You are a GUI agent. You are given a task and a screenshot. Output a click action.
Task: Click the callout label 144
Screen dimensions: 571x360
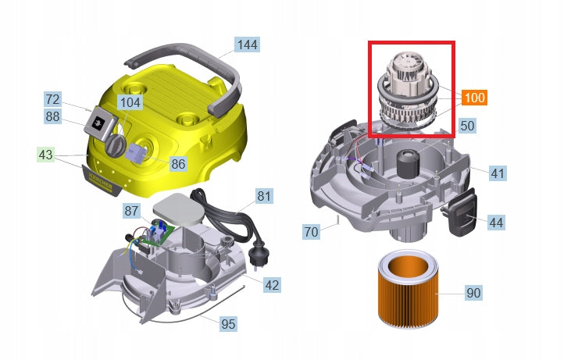point(247,45)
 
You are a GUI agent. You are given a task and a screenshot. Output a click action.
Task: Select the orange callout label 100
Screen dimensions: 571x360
point(475,98)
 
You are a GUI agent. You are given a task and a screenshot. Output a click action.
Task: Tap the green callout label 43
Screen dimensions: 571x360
point(45,155)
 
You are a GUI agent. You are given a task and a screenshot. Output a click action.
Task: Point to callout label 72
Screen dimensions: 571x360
point(52,99)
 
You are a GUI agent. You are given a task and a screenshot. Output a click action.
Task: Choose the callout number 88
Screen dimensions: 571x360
point(52,116)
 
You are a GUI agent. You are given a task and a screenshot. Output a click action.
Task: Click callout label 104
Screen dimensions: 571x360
point(130,102)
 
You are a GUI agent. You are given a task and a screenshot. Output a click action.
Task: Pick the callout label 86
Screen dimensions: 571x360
point(178,163)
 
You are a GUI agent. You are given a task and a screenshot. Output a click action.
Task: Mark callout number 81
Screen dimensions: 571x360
point(264,196)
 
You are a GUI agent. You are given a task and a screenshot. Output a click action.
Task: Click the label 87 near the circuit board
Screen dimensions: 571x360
point(131,211)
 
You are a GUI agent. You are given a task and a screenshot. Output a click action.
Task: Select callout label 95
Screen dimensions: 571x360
point(228,323)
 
